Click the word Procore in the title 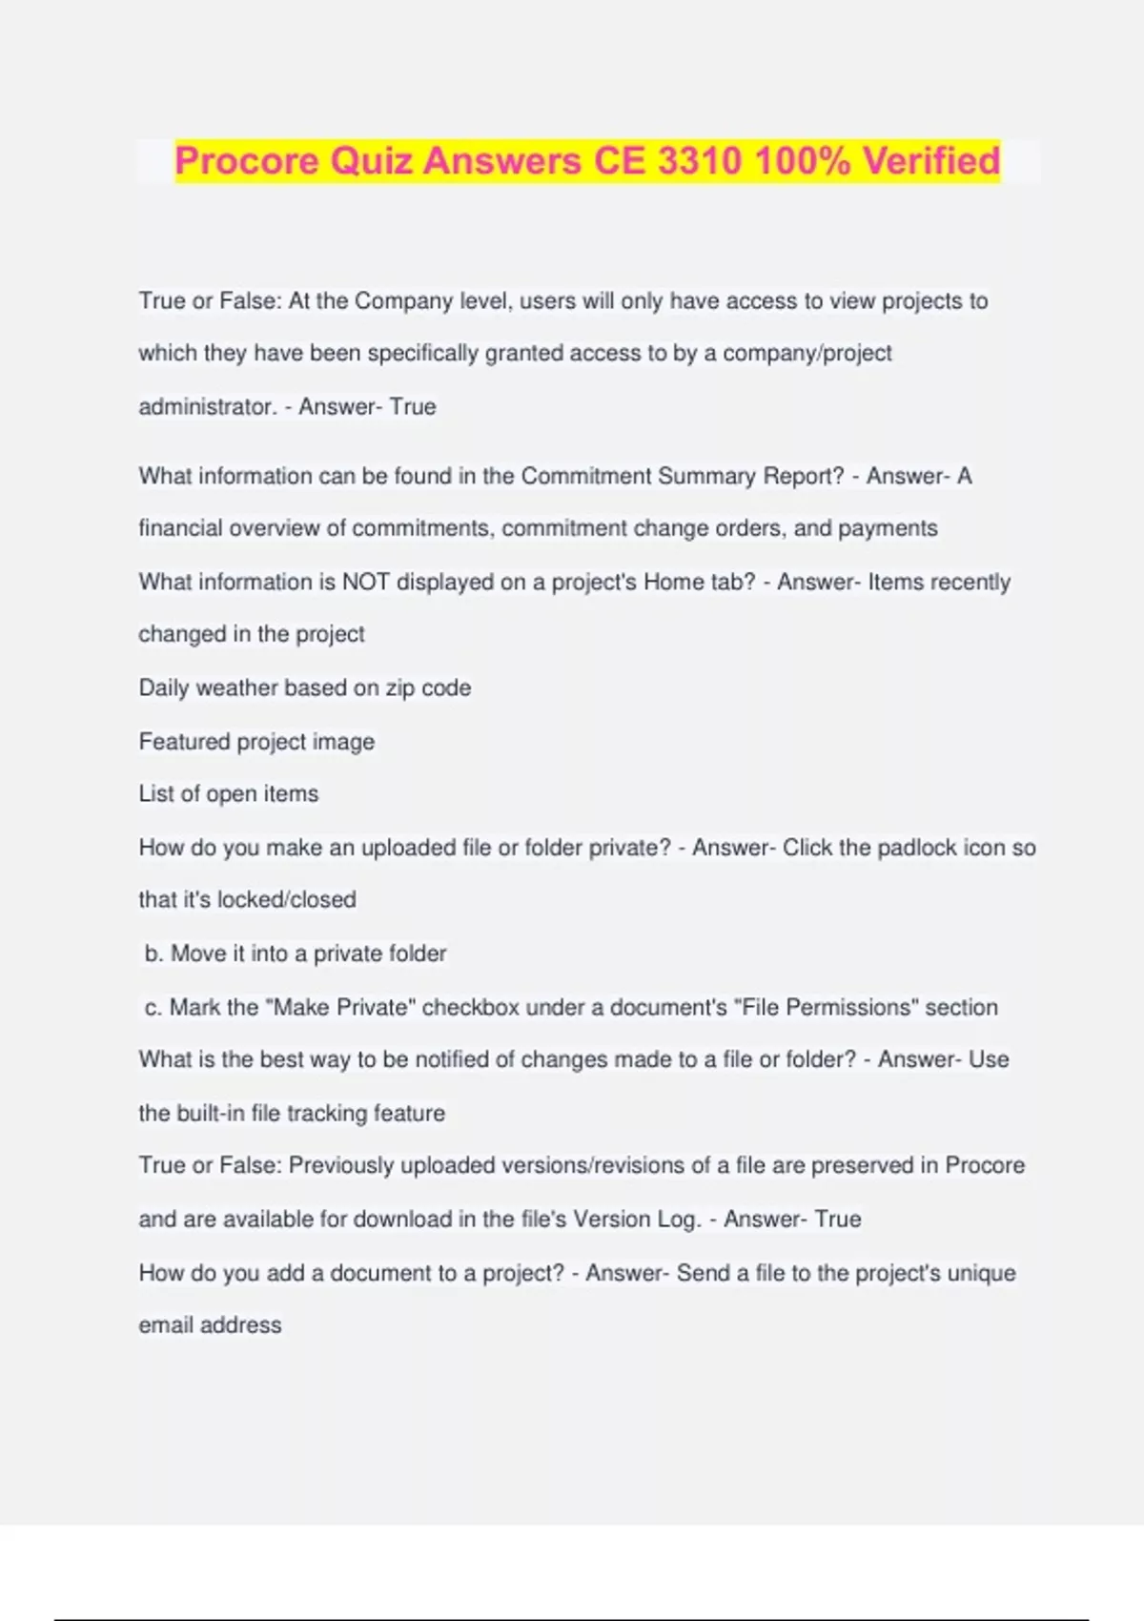pyautogui.click(x=247, y=161)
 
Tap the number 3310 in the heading pyautogui.click(x=700, y=161)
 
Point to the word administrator pyautogui.click(x=208, y=406)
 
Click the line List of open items pyautogui.click(x=229, y=793)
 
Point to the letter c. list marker pyautogui.click(x=153, y=1007)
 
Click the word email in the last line pyautogui.click(x=166, y=1324)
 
